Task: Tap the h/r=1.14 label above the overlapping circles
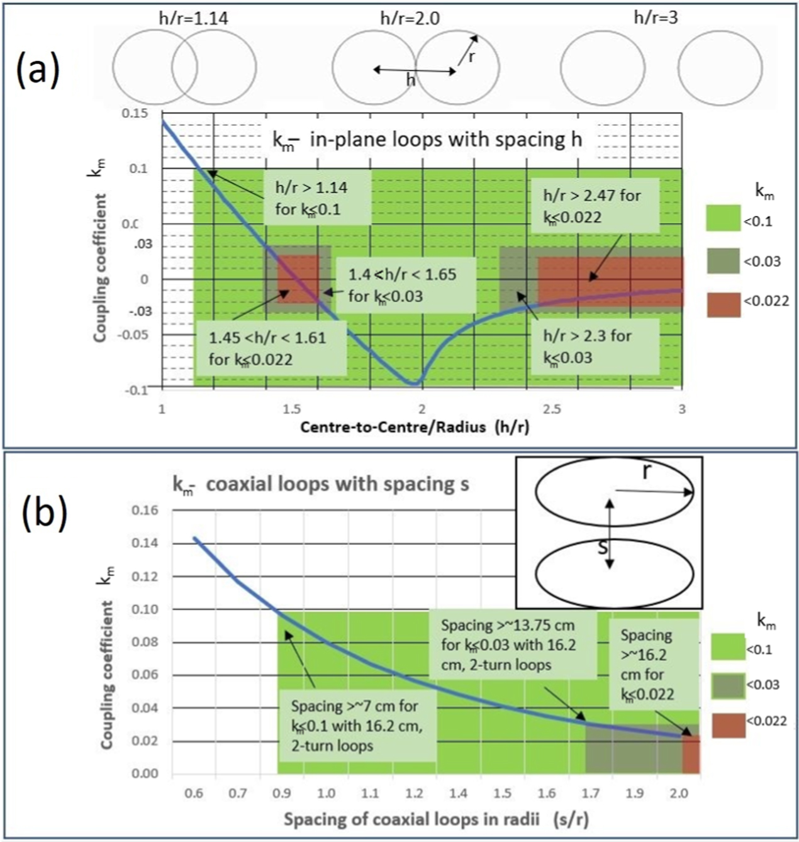193,18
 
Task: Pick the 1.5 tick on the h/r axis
291,409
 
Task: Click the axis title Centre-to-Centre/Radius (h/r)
414,427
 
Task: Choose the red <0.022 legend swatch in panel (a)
723,305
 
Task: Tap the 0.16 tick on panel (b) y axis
145,510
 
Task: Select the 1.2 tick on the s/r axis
414,793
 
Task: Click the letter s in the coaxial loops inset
603,547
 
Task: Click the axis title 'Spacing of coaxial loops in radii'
436,819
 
